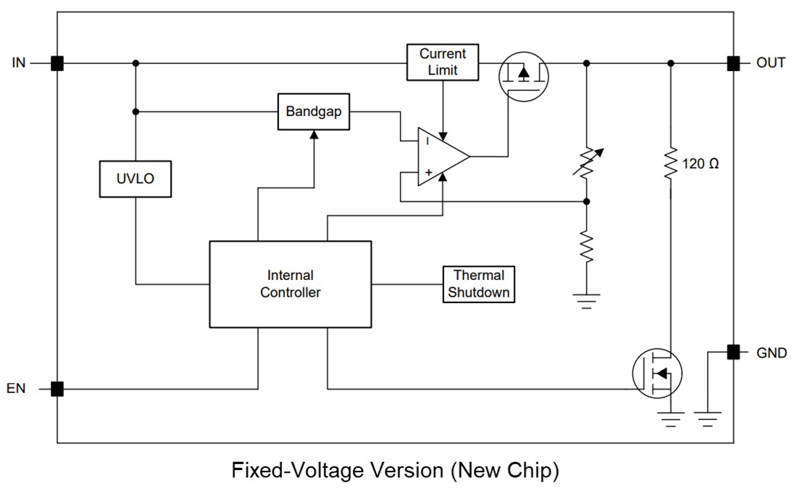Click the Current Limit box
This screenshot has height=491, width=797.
click(443, 62)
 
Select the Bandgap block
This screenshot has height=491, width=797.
click(313, 112)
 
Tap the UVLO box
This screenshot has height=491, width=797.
click(135, 178)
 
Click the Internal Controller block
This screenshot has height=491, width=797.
click(290, 284)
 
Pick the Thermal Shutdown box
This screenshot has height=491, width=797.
click(479, 284)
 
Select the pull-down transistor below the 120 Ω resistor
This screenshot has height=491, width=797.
click(657, 372)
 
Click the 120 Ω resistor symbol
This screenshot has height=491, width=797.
click(670, 164)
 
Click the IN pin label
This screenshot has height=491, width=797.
click(18, 63)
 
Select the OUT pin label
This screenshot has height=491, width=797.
click(771, 63)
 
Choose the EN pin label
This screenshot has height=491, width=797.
click(17, 389)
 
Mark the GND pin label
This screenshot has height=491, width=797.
click(771, 353)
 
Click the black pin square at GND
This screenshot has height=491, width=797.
click(733, 352)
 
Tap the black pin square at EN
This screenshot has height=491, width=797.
click(57, 389)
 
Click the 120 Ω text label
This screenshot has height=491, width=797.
click(701, 164)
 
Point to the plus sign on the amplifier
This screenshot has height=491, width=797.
click(428, 172)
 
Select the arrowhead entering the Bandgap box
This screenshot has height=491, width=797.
click(313, 134)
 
